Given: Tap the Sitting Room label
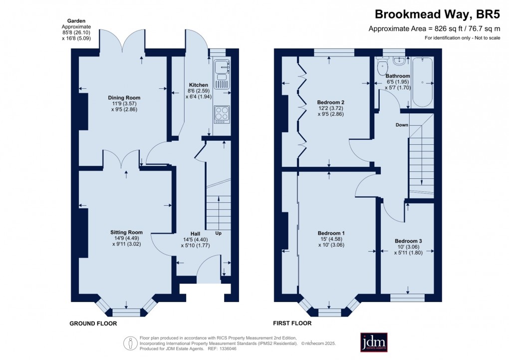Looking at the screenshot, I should point(126,232).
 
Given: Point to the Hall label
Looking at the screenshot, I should point(195,233).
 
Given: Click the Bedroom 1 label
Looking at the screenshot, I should point(331,233).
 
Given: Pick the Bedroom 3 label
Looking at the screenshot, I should point(407,240).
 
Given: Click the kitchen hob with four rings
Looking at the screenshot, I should point(222,114).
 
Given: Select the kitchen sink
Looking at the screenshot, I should point(221,70).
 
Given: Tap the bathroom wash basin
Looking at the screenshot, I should point(399,61).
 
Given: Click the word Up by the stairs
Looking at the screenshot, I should point(218,233).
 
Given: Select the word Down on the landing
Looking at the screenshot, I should point(402,124).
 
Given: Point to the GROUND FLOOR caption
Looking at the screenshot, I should point(93,324).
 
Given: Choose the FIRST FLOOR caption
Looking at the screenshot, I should point(292,324).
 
